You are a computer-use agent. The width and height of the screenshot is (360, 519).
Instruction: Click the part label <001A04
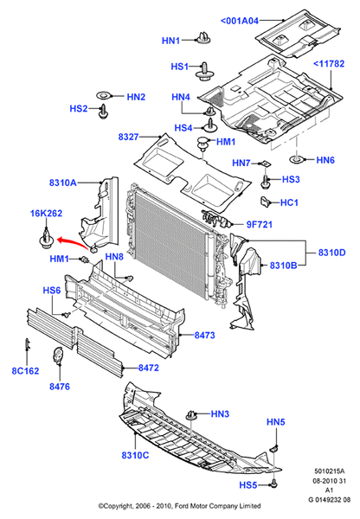(240, 21)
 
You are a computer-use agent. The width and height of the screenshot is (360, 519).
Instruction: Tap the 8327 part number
(130, 136)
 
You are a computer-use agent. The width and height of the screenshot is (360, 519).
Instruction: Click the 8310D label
(331, 253)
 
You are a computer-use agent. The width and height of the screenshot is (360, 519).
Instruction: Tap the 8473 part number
(204, 334)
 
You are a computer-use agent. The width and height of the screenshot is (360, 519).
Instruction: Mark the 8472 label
(151, 368)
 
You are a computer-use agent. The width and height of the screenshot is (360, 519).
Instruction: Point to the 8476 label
(59, 385)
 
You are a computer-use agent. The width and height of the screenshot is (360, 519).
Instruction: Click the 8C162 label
(24, 372)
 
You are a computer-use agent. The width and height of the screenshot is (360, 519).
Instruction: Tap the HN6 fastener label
(325, 160)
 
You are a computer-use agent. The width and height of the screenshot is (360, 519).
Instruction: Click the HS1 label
(179, 67)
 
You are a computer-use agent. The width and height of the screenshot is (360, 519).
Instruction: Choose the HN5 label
(275, 422)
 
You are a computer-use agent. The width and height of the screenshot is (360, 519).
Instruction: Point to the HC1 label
(291, 202)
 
